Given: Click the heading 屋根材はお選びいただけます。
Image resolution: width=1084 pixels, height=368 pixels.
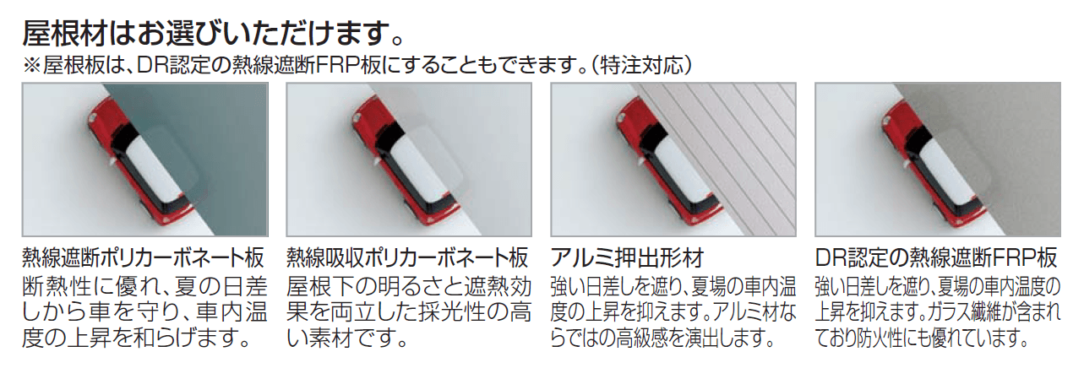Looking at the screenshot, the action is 213,33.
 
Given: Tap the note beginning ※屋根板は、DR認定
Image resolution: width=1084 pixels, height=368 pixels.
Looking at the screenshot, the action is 357,66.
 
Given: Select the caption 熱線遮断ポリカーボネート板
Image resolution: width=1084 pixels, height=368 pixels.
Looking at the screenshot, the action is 144,257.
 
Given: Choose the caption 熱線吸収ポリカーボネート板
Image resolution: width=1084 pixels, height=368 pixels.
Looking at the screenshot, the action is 407,257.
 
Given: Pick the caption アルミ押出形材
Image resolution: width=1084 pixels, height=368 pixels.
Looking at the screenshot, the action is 627,257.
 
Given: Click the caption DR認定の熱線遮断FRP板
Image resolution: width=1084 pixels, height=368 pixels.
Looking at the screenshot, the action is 936,257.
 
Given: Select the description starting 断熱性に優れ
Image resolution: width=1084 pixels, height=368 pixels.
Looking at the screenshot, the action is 144,312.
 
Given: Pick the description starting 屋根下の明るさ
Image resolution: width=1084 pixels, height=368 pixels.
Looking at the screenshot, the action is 409,312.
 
